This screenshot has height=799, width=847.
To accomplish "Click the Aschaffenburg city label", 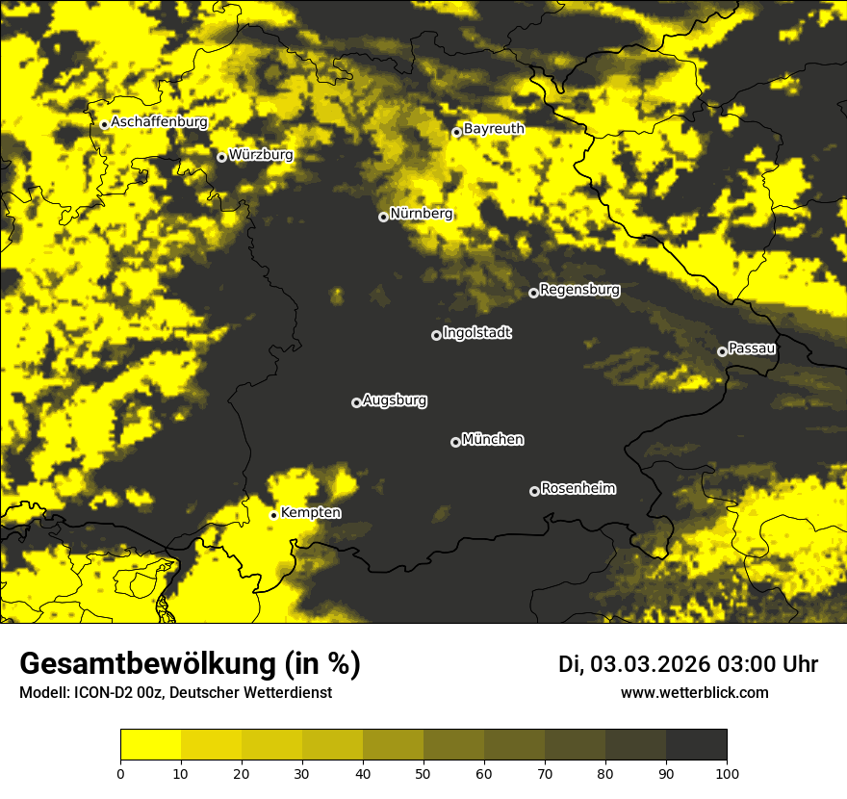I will [159, 122].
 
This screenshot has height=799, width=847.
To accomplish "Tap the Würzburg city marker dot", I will [221, 157].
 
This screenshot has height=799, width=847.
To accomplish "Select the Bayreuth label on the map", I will [494, 128].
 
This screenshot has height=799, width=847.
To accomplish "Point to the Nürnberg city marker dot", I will [383, 217].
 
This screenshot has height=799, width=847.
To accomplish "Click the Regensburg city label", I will [579, 289].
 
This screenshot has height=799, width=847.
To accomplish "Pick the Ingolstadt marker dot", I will [436, 335].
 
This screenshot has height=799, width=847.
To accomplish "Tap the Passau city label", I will [752, 348].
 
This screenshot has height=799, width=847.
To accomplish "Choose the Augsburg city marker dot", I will [356, 402].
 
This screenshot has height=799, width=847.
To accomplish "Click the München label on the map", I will [493, 439].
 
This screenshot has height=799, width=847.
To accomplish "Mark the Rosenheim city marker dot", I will [534, 492].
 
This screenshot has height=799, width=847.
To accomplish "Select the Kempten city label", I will [310, 512].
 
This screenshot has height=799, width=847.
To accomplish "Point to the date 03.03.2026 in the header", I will [650, 664].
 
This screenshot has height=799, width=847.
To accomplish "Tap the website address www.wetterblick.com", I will [694, 692].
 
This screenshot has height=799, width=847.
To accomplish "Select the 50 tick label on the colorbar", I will [423, 773].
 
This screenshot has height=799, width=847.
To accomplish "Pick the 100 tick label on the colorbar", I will [727, 773].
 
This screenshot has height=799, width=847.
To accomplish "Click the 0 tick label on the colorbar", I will [120, 773].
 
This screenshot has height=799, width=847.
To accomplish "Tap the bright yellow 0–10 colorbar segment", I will [150, 745].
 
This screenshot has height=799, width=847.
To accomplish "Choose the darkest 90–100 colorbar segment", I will [696, 745].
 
